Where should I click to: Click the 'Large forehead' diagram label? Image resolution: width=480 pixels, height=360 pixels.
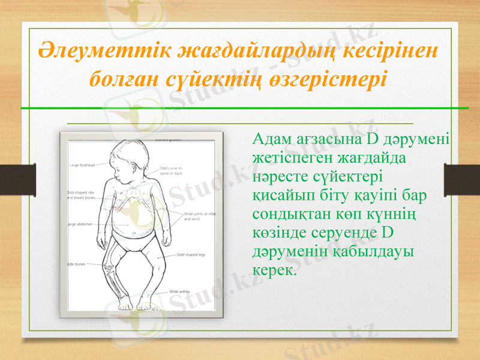point(83,164)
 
